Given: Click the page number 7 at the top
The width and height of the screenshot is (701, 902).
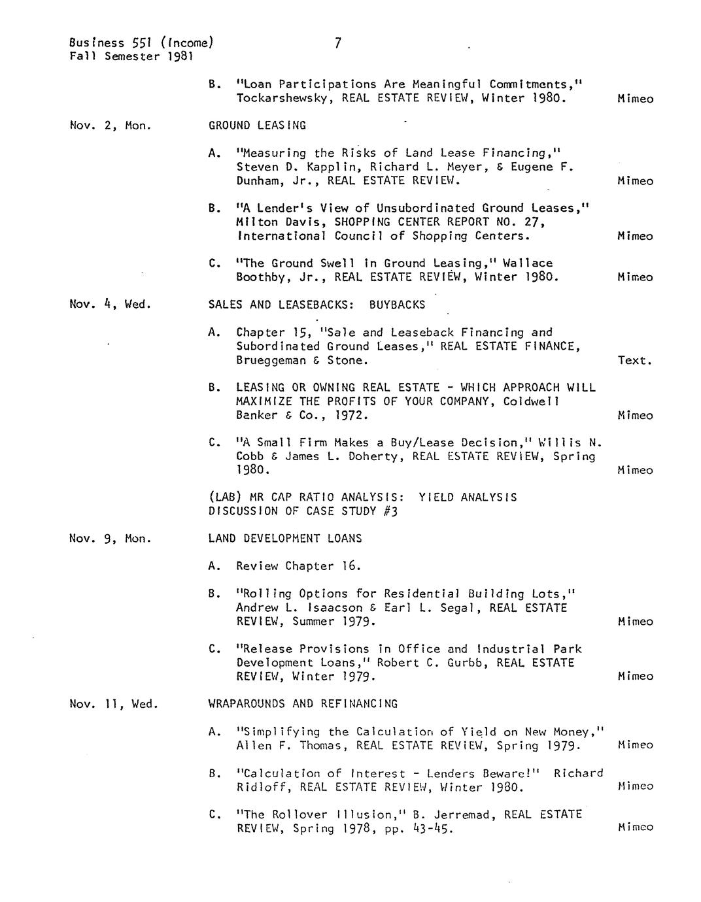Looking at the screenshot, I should click(337, 43).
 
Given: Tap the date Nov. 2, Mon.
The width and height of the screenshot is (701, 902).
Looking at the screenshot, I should click(110, 125).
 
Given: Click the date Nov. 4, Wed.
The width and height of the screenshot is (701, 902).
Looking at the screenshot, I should click(110, 304).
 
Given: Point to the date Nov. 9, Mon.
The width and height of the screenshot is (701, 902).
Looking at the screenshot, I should click(110, 539).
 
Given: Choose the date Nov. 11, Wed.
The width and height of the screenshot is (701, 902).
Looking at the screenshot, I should click(113, 704).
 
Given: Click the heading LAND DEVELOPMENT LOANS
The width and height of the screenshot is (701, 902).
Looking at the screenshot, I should click(284, 539).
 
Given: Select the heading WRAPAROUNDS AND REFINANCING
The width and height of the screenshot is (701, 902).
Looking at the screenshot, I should click(303, 704).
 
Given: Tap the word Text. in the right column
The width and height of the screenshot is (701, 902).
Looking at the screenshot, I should click(634, 360).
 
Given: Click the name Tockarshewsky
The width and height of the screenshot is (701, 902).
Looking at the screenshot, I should click(282, 98).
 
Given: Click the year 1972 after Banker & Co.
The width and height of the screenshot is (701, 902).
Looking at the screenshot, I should click(351, 415).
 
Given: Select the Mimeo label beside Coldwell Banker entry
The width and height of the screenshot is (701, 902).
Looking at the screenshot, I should click(634, 415).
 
